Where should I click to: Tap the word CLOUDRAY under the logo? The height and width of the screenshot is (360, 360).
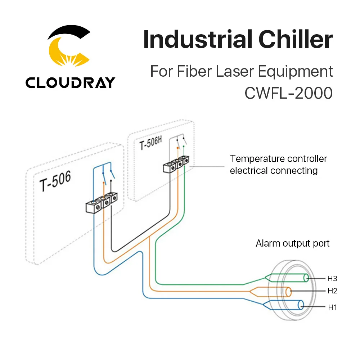point(70,82)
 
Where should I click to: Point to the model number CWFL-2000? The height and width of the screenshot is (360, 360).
point(288,93)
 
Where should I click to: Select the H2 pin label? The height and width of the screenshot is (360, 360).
point(332,291)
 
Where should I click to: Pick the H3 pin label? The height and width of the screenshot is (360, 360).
point(332,278)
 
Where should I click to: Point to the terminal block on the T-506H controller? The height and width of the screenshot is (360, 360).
point(176,164)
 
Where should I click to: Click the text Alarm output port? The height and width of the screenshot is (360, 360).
point(293,243)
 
